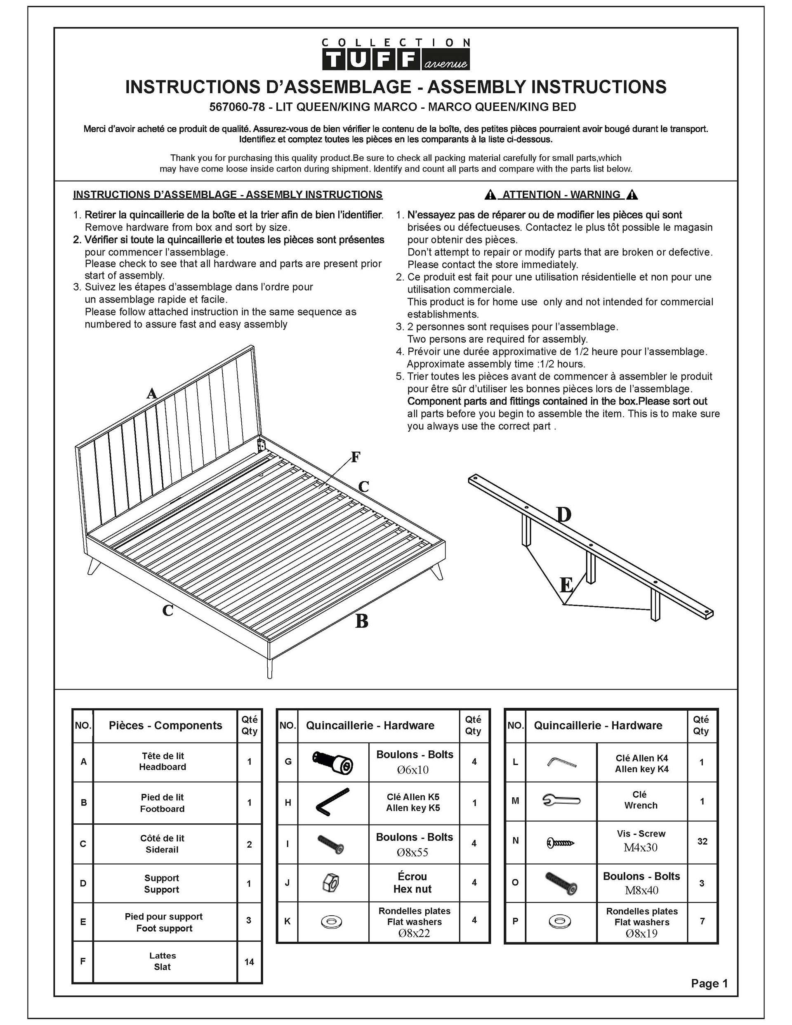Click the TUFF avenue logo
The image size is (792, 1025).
pos(395,55)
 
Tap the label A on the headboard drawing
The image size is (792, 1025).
pos(151,393)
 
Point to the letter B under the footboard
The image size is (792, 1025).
pos(361,621)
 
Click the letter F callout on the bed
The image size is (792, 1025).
pos(356,457)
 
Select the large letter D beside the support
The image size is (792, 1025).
pos(563,515)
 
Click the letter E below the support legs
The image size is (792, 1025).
pos(566,585)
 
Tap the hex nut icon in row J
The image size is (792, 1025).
pos(332,883)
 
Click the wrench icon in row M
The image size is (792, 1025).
pos(561,800)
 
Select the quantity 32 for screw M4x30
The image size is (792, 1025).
pos(702,841)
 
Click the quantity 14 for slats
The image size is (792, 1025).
pos(249,961)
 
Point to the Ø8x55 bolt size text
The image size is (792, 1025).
pos(412,852)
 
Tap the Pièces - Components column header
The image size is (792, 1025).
pos(165,726)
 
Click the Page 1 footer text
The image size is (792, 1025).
pos(709,983)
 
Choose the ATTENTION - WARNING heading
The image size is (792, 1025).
pos(561,194)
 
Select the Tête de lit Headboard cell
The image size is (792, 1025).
pos(163,761)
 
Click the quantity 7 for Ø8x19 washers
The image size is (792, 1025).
pos(702,921)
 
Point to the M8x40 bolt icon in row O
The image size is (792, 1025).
pos(561,883)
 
